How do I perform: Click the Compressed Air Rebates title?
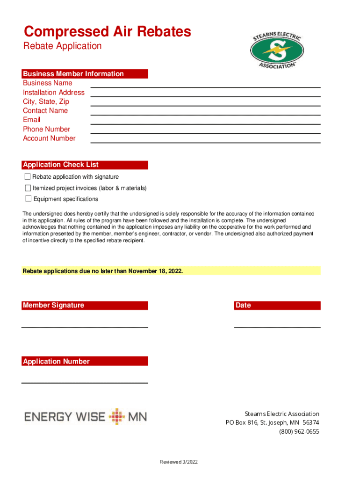click(107, 32)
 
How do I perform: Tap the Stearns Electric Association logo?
click(276, 50)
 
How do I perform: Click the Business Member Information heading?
click(73, 74)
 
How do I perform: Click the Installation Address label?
click(54, 93)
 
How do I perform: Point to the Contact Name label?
click(45, 111)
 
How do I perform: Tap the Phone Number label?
click(47, 129)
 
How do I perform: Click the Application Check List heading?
click(61, 165)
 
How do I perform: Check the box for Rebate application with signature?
click(28, 177)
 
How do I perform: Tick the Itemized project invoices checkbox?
click(28, 188)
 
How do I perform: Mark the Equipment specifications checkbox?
click(28, 199)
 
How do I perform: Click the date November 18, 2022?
click(155, 271)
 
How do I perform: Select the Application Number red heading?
click(56, 362)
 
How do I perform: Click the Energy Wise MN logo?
click(86, 416)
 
